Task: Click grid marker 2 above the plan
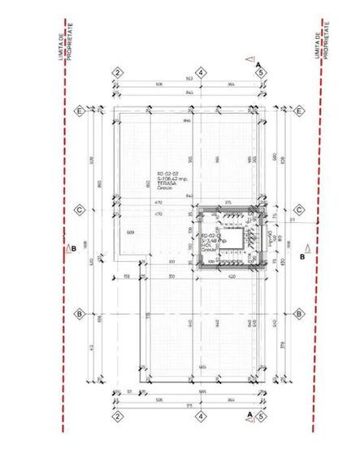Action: click(117, 72)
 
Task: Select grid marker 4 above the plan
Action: click(197, 72)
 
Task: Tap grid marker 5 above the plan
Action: click(260, 72)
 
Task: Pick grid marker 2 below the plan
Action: click(117, 415)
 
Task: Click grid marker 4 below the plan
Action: click(197, 415)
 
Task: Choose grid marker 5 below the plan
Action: click(260, 415)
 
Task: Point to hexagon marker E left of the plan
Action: click(80, 111)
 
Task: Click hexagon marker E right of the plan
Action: click(299, 111)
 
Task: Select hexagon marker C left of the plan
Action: click(80, 209)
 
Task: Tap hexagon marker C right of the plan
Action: click(299, 209)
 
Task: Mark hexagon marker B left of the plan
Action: click(80, 313)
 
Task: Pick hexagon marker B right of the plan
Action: click(299, 313)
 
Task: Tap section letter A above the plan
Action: click(257, 63)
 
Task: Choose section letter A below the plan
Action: click(249, 412)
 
